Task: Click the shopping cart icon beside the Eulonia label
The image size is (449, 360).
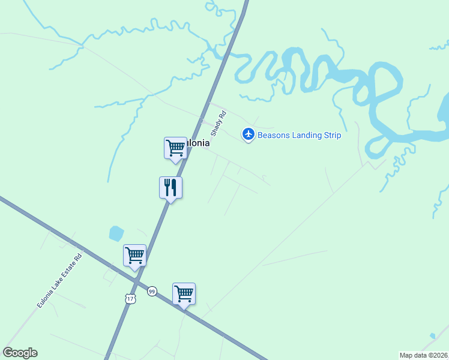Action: click(x=175, y=148)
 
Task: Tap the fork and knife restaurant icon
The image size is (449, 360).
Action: click(x=170, y=188)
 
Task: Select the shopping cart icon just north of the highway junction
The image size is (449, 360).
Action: click(x=134, y=256)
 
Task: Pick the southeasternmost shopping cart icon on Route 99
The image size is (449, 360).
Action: click(x=184, y=294)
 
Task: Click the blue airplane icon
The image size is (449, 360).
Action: click(x=248, y=134)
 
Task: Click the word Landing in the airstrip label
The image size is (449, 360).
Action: click(x=307, y=135)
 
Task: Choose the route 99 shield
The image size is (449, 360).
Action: click(x=152, y=290)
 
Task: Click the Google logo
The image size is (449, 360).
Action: click(x=20, y=353)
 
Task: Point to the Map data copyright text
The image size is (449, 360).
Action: click(x=424, y=355)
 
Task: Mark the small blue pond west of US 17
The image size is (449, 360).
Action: click(x=116, y=233)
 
